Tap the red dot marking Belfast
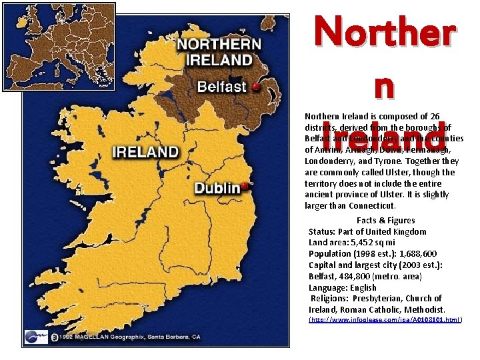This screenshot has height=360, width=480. click(x=255, y=87)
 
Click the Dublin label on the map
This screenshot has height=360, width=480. click(x=217, y=188)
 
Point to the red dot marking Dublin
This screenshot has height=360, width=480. click(x=245, y=186)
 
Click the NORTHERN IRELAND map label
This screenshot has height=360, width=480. click(x=218, y=52)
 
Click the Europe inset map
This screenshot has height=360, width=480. click(x=59, y=46)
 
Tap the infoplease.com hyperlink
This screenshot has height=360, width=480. click(x=385, y=321)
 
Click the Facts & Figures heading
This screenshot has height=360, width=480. click(x=385, y=221)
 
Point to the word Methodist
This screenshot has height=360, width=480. click(x=424, y=310)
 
